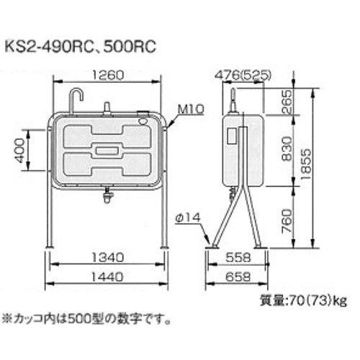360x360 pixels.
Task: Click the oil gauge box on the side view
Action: click(x=233, y=135)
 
